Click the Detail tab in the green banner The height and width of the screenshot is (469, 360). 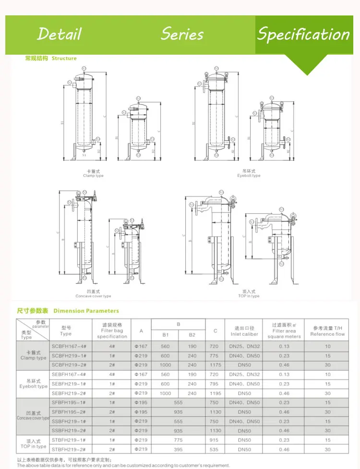pos(60,34)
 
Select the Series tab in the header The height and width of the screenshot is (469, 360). pos(182,34)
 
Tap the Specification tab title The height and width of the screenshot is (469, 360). pos(303,34)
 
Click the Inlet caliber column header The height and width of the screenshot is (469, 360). pos(244,331)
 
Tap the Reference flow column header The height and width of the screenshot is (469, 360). pos(327,331)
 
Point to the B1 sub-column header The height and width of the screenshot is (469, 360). pos(165,335)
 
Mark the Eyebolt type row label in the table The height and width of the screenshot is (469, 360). pos(33,384)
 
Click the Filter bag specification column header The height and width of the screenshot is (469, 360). pos(111,331)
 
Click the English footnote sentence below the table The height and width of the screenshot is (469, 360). pos(123,465)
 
